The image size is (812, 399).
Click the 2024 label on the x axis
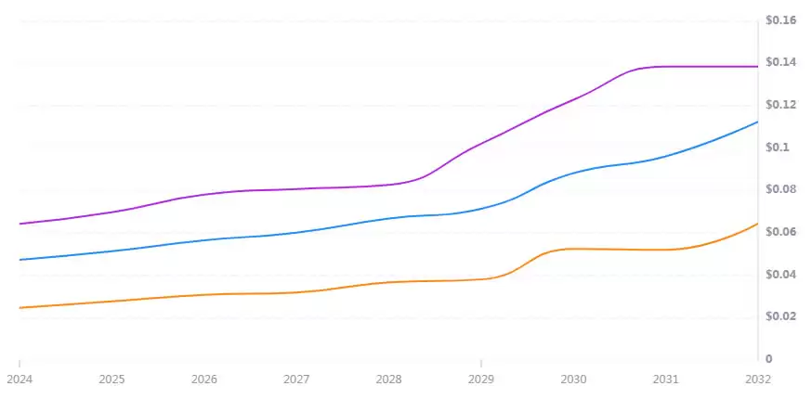[20, 380]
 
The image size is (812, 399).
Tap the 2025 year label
[111, 380]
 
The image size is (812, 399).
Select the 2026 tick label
[204, 380]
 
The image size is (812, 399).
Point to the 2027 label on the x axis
[296, 380]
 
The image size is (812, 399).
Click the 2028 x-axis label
[388, 380]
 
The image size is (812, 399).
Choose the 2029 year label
[481, 380]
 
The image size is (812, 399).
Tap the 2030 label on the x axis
[573, 380]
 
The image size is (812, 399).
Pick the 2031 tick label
[665, 380]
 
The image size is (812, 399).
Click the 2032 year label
[757, 380]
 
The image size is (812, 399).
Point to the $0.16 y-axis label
[781, 19]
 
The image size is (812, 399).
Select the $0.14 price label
[781, 62]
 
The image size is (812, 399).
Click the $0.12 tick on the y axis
[781, 105]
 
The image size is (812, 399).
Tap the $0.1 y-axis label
[778, 148]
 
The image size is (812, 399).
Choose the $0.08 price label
[781, 189]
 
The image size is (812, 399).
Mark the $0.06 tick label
[781, 232]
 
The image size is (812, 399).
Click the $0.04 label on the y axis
[781, 275]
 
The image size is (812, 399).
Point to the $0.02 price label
[781, 316]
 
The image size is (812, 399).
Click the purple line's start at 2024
[20, 224]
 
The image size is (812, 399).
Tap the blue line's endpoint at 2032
[757, 122]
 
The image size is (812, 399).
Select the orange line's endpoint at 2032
[757, 224]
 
